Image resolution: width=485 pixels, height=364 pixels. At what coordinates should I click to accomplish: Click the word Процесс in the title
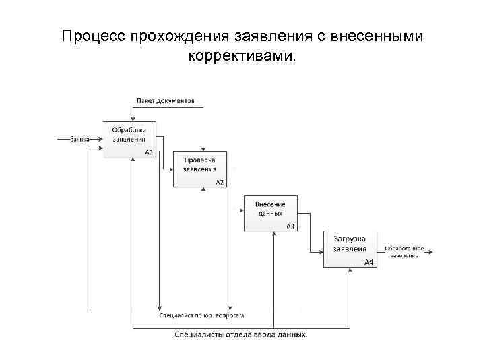point(90,36)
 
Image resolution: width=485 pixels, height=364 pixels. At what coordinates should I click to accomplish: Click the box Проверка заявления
point(200,169)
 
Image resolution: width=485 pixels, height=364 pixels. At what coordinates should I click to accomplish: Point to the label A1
point(149,152)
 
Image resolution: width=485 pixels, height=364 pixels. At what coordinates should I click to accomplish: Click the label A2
point(220,182)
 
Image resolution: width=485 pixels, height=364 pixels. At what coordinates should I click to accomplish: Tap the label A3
point(290,226)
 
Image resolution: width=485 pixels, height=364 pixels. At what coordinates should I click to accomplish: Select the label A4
point(369,262)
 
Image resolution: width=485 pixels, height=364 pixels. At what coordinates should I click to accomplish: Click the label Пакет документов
point(166,101)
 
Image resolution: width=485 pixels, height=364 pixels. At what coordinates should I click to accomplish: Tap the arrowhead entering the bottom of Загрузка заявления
point(350,270)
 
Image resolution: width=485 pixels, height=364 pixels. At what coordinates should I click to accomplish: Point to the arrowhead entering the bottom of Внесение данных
point(275,235)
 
